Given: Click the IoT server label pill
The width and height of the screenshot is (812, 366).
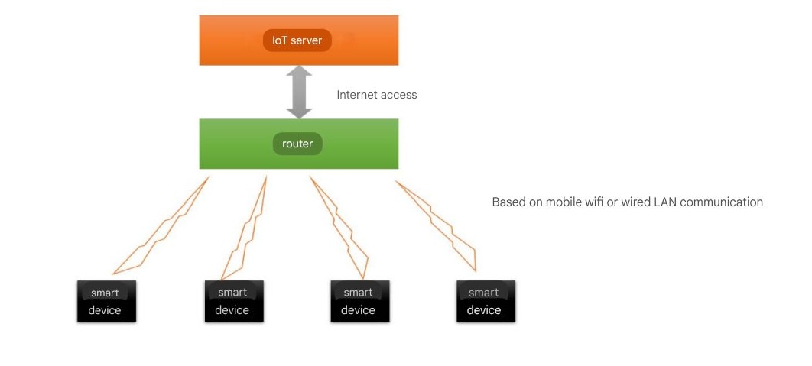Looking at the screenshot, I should click(297, 40).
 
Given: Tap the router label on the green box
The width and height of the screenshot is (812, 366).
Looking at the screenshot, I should click(297, 144).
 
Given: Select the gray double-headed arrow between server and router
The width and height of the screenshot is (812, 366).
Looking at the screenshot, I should click(299, 92).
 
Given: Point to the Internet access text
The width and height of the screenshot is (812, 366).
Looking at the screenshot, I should click(377, 95).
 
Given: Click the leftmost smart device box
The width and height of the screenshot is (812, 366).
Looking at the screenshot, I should click(106, 301).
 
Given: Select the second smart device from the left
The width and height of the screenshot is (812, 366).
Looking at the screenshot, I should click(233, 301).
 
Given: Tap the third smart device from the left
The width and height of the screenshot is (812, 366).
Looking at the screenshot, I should click(359, 301).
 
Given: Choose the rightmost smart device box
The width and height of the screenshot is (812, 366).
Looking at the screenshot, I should click(486, 301).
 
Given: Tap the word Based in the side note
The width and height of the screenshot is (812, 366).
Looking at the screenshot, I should click(508, 202).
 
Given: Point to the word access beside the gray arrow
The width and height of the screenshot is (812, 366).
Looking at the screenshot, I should click(401, 95).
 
